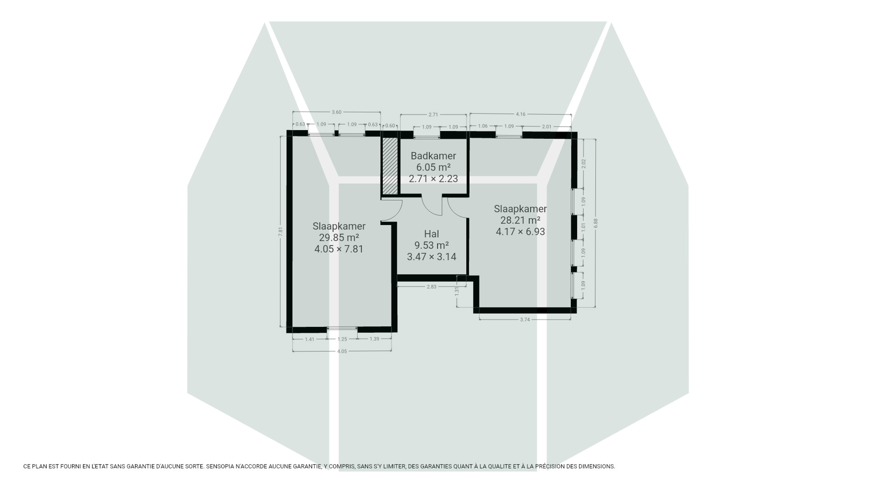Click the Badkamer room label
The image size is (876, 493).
tap(433, 156)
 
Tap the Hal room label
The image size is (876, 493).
tap(431, 234)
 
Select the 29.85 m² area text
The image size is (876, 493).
tap(339, 237)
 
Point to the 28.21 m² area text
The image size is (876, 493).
tap(520, 220)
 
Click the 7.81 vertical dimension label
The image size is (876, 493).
tap(281, 231)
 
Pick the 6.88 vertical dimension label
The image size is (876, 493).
tap(596, 223)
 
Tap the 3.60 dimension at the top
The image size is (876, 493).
tap(336, 112)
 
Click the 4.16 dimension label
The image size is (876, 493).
tap(520, 114)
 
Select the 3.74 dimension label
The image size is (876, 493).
tap(525, 319)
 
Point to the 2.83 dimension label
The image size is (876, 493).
tap(431, 287)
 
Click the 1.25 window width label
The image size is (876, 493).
tap(342, 339)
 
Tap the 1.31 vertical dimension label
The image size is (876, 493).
tap(456, 291)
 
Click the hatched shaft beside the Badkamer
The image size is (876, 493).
tap(390, 166)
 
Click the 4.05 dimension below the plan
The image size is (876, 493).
tap(342, 351)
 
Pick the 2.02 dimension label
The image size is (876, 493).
tap(584, 164)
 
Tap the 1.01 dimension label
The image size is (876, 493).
tap(583, 227)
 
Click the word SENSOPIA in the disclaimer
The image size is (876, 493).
tap(219, 466)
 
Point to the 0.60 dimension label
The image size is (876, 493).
tap(390, 126)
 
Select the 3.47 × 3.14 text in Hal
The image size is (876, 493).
tap(431, 257)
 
